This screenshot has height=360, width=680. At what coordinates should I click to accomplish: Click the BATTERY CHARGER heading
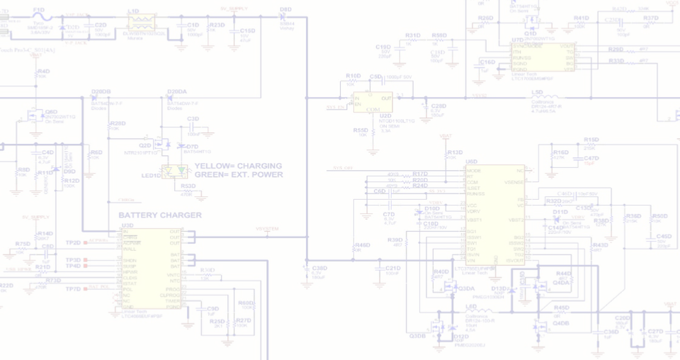click(160, 215)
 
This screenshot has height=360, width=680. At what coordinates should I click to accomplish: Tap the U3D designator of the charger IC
click(127, 225)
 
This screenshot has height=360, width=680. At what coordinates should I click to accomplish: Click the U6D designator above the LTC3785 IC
click(472, 162)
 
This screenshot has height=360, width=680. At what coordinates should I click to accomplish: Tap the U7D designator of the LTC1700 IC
click(517, 40)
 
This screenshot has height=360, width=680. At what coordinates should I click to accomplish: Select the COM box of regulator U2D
click(373, 108)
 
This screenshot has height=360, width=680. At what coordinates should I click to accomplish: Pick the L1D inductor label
click(133, 11)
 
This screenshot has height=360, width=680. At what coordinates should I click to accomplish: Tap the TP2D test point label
click(73, 242)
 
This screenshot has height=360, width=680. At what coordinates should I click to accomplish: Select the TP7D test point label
click(73, 289)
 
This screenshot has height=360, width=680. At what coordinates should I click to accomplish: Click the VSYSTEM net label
click(267, 228)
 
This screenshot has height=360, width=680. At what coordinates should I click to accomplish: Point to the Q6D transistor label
click(51, 111)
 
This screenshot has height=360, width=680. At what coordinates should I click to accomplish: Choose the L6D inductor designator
click(471, 306)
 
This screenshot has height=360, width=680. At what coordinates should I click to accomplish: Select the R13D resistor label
click(455, 152)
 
